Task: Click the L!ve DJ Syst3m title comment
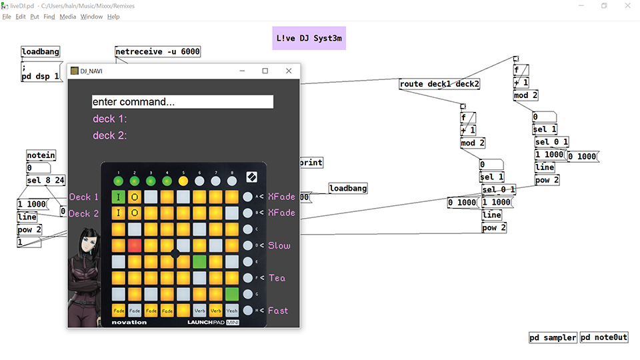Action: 309,38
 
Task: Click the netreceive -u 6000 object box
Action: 157,52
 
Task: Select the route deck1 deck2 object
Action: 439,84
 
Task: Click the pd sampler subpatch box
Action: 553,337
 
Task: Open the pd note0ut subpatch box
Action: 604,337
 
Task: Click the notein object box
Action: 41,155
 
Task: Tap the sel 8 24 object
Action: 46,181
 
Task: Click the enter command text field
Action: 182,102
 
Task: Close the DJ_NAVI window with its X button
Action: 289,71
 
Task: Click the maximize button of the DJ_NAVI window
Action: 265,71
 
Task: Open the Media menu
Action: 67,17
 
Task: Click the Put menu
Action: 35,17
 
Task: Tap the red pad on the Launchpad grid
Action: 135,245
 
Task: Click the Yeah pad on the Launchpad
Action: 231,310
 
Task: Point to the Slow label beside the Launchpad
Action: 279,246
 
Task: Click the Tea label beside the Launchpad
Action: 277,278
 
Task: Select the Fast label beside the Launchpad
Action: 279,311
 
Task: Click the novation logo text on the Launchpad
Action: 129,323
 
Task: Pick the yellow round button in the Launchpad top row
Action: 183,181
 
